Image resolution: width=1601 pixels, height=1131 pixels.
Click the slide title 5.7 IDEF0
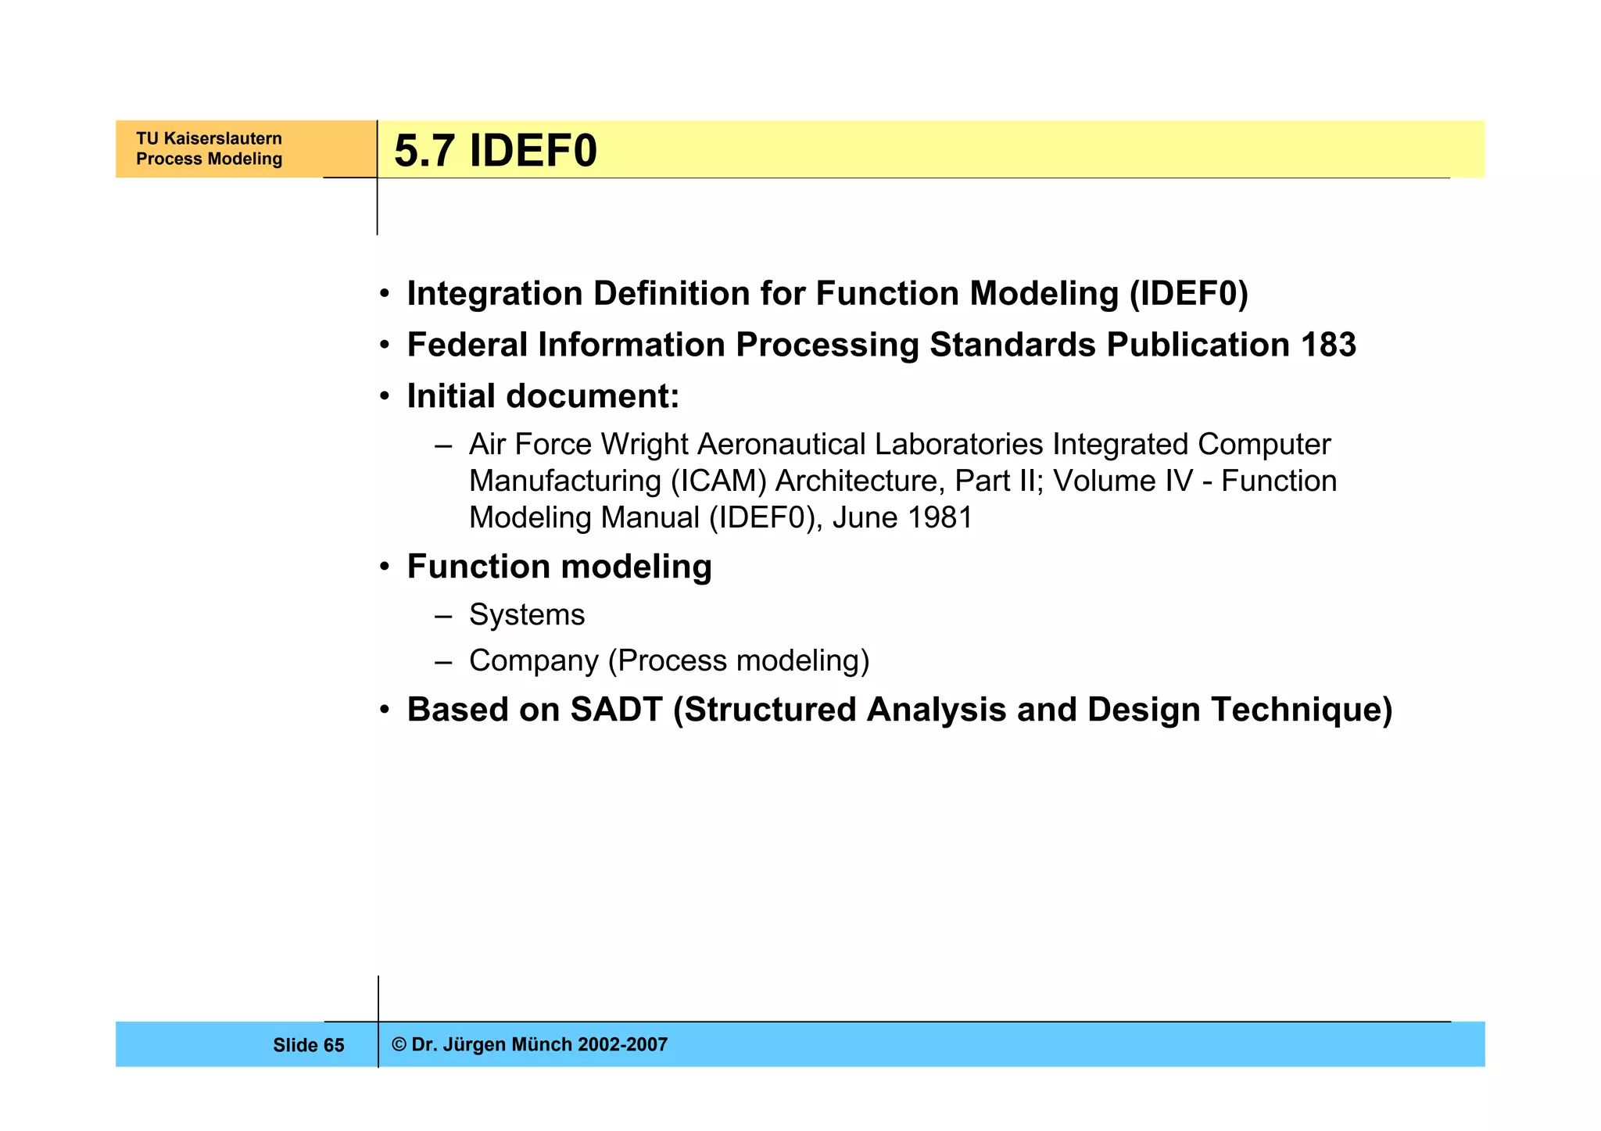pyautogui.click(x=495, y=151)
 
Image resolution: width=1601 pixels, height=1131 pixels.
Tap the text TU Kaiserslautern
pyautogui.click(x=209, y=138)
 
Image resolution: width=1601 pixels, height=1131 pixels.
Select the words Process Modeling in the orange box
pyautogui.click(x=209, y=159)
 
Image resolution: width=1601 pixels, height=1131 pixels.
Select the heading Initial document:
pyautogui.click(x=543, y=396)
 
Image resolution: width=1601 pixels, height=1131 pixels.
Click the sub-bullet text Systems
pyautogui.click(x=526, y=614)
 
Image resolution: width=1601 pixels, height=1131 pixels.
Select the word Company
pyautogui.click(x=533, y=661)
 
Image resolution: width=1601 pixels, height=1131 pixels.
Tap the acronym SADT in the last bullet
pyautogui.click(x=616, y=710)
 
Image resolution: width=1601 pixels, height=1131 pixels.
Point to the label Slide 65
pyautogui.click(x=308, y=1045)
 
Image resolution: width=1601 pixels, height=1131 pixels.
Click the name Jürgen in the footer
pyautogui.click(x=473, y=1044)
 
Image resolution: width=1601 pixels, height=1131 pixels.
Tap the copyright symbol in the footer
pyautogui.click(x=399, y=1044)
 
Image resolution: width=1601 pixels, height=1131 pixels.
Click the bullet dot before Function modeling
pyautogui.click(x=384, y=567)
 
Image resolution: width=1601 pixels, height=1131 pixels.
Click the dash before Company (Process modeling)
pyautogui.click(x=443, y=661)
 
